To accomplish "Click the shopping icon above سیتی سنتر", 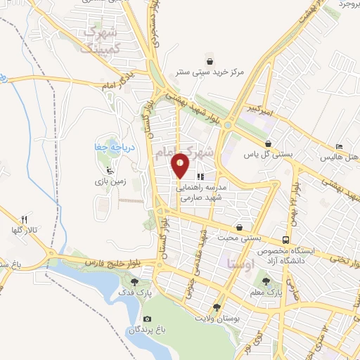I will tap(209, 59).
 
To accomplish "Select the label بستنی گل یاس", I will tap(266, 152).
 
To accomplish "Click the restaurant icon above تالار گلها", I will tap(25, 219).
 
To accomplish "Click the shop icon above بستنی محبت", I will tap(240, 228).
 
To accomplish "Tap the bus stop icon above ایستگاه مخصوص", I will tap(285, 240).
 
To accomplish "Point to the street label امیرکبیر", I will tap(260, 108).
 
